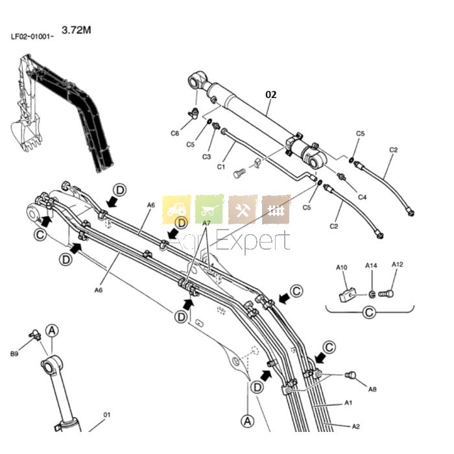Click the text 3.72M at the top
(76, 30)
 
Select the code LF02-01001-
(32, 36)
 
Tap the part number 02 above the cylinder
(271, 94)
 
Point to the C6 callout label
(175, 133)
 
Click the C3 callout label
(207, 157)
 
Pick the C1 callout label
(221, 167)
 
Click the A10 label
(342, 268)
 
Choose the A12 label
(398, 264)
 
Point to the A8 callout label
(372, 389)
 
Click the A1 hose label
(348, 403)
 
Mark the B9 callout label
(14, 353)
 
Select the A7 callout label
(207, 223)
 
